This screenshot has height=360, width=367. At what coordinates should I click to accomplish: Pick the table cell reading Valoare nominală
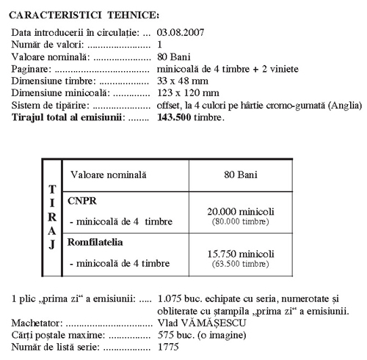pyautogui.click(x=108, y=175)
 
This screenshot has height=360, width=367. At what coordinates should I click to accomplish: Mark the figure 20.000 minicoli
pyautogui.click(x=244, y=210)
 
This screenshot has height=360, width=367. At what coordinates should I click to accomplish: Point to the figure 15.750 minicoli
pyautogui.click(x=244, y=252)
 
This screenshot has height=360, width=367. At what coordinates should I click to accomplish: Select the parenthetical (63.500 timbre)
pyautogui.click(x=244, y=262)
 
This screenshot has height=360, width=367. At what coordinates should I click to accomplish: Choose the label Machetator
pyautogui.click(x=39, y=322)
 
